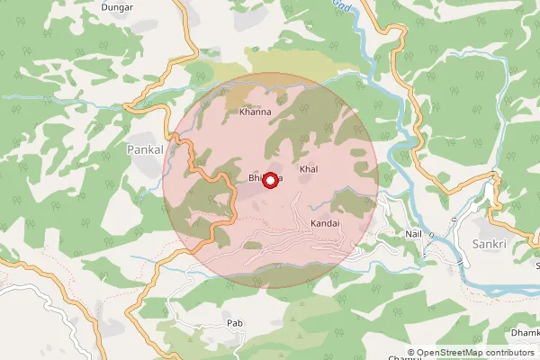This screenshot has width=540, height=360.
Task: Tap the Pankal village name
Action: (x=146, y=148)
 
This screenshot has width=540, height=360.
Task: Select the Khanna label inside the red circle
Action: (x=255, y=113)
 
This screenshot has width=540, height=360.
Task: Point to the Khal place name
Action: (x=309, y=169)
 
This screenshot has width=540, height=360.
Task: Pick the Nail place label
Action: (x=414, y=233)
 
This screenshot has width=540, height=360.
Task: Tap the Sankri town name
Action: (x=490, y=244)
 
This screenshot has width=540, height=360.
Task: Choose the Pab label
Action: (x=235, y=320)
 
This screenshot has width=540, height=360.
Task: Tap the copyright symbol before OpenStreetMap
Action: (x=411, y=352)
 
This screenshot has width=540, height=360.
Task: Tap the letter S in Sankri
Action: (x=474, y=244)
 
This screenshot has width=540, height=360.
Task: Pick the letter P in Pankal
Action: (x=130, y=148)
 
